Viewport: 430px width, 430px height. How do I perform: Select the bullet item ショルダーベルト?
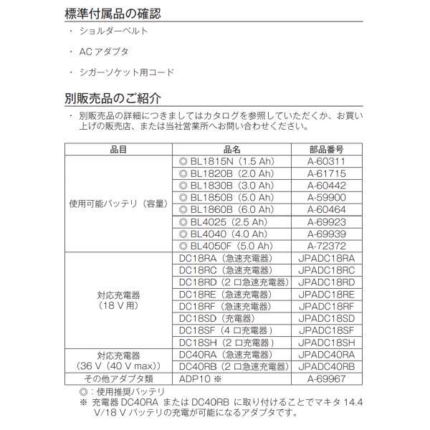coord(118,33)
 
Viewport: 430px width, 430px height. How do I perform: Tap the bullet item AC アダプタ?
coord(106,53)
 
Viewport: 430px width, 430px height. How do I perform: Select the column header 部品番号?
coord(326,150)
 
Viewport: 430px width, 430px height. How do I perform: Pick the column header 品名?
coord(231,150)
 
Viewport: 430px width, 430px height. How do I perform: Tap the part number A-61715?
coord(326,173)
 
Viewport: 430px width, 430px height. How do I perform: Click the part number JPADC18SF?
coord(326,330)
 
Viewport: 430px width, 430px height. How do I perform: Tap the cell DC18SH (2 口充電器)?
coord(225,343)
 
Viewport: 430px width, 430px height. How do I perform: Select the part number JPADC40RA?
coord(326,354)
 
